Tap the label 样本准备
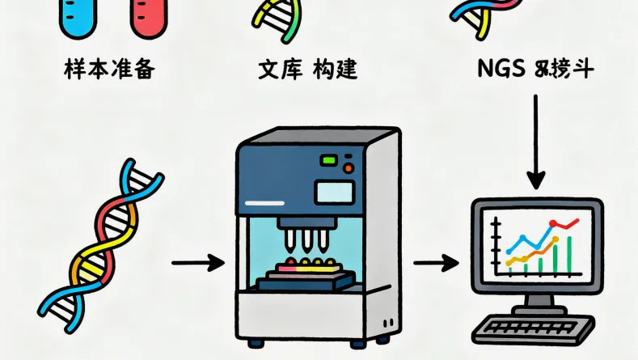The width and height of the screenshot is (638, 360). pos(109,70)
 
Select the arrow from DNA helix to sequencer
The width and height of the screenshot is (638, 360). pos(197,262)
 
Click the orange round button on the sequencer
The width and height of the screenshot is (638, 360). pos(349,167)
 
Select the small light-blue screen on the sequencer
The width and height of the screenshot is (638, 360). pos(335,193)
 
